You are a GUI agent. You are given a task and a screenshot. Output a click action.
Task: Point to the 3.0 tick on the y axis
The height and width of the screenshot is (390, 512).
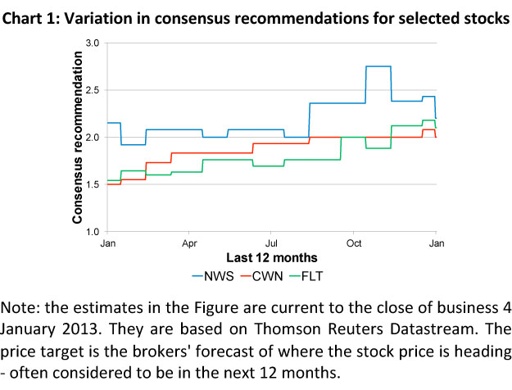93,43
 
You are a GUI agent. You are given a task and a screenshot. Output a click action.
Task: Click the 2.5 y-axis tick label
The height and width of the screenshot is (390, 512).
93,90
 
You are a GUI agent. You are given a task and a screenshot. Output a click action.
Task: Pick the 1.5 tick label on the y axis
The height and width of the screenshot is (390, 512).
93,184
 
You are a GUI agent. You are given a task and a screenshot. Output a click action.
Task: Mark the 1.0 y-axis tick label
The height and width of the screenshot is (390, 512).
93,232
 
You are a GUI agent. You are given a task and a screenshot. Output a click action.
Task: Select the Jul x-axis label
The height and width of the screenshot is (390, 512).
271,244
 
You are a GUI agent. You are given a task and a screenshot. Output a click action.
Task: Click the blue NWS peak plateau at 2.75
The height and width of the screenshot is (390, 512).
378,66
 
